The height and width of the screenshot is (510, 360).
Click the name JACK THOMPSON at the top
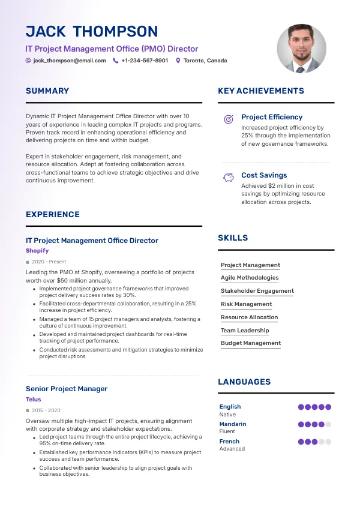[92, 32]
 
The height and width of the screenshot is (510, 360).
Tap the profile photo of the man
[302, 49]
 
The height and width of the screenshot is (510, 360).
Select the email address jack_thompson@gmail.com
[70, 61]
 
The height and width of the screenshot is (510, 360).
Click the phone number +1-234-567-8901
[145, 61]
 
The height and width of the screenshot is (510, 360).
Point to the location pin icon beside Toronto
[178, 61]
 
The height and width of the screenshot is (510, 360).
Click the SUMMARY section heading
[47, 91]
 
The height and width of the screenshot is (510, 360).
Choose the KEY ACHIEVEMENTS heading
[261, 91]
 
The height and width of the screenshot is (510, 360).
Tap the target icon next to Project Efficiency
[229, 119]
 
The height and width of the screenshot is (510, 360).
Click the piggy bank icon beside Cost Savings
[229, 178]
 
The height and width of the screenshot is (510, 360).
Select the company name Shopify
[37, 251]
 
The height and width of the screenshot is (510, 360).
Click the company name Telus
[34, 399]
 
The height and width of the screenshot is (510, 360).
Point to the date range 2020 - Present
[49, 262]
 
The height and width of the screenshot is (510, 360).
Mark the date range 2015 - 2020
[46, 410]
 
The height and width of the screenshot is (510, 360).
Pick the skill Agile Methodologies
[250, 278]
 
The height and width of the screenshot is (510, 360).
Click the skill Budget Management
[251, 343]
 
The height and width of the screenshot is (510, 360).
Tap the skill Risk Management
[246, 304]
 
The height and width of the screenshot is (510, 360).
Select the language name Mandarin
[233, 424]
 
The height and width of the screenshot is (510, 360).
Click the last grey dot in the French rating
[328, 442]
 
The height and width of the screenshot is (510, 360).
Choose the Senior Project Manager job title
[67, 389]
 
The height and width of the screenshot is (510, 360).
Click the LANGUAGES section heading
[244, 382]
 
